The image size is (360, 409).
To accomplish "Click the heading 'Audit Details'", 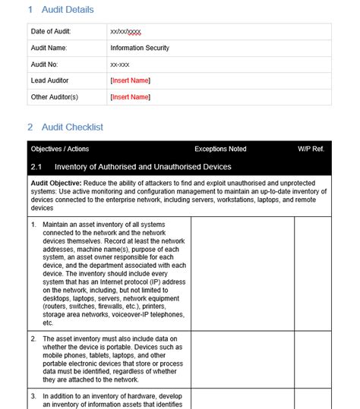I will point(66,10).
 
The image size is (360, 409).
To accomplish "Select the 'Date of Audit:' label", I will point(52,32).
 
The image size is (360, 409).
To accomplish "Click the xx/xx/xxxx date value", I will point(125,32).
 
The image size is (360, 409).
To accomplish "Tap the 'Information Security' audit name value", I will point(140,48).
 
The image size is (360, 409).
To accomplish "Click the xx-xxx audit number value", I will point(120,64).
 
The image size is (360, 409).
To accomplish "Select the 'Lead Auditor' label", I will point(49,80).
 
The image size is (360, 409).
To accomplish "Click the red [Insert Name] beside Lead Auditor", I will point(130,80).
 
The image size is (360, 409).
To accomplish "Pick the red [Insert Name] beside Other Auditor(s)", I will point(130,97).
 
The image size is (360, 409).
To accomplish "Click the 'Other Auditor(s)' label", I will point(55,97).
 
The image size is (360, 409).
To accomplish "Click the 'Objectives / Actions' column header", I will point(60,149).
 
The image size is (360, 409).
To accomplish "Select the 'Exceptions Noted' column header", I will point(220,149).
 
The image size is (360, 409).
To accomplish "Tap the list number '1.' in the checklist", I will point(34,225).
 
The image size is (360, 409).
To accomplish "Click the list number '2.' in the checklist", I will point(34,338).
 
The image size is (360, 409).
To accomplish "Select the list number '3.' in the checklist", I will point(34,396).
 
